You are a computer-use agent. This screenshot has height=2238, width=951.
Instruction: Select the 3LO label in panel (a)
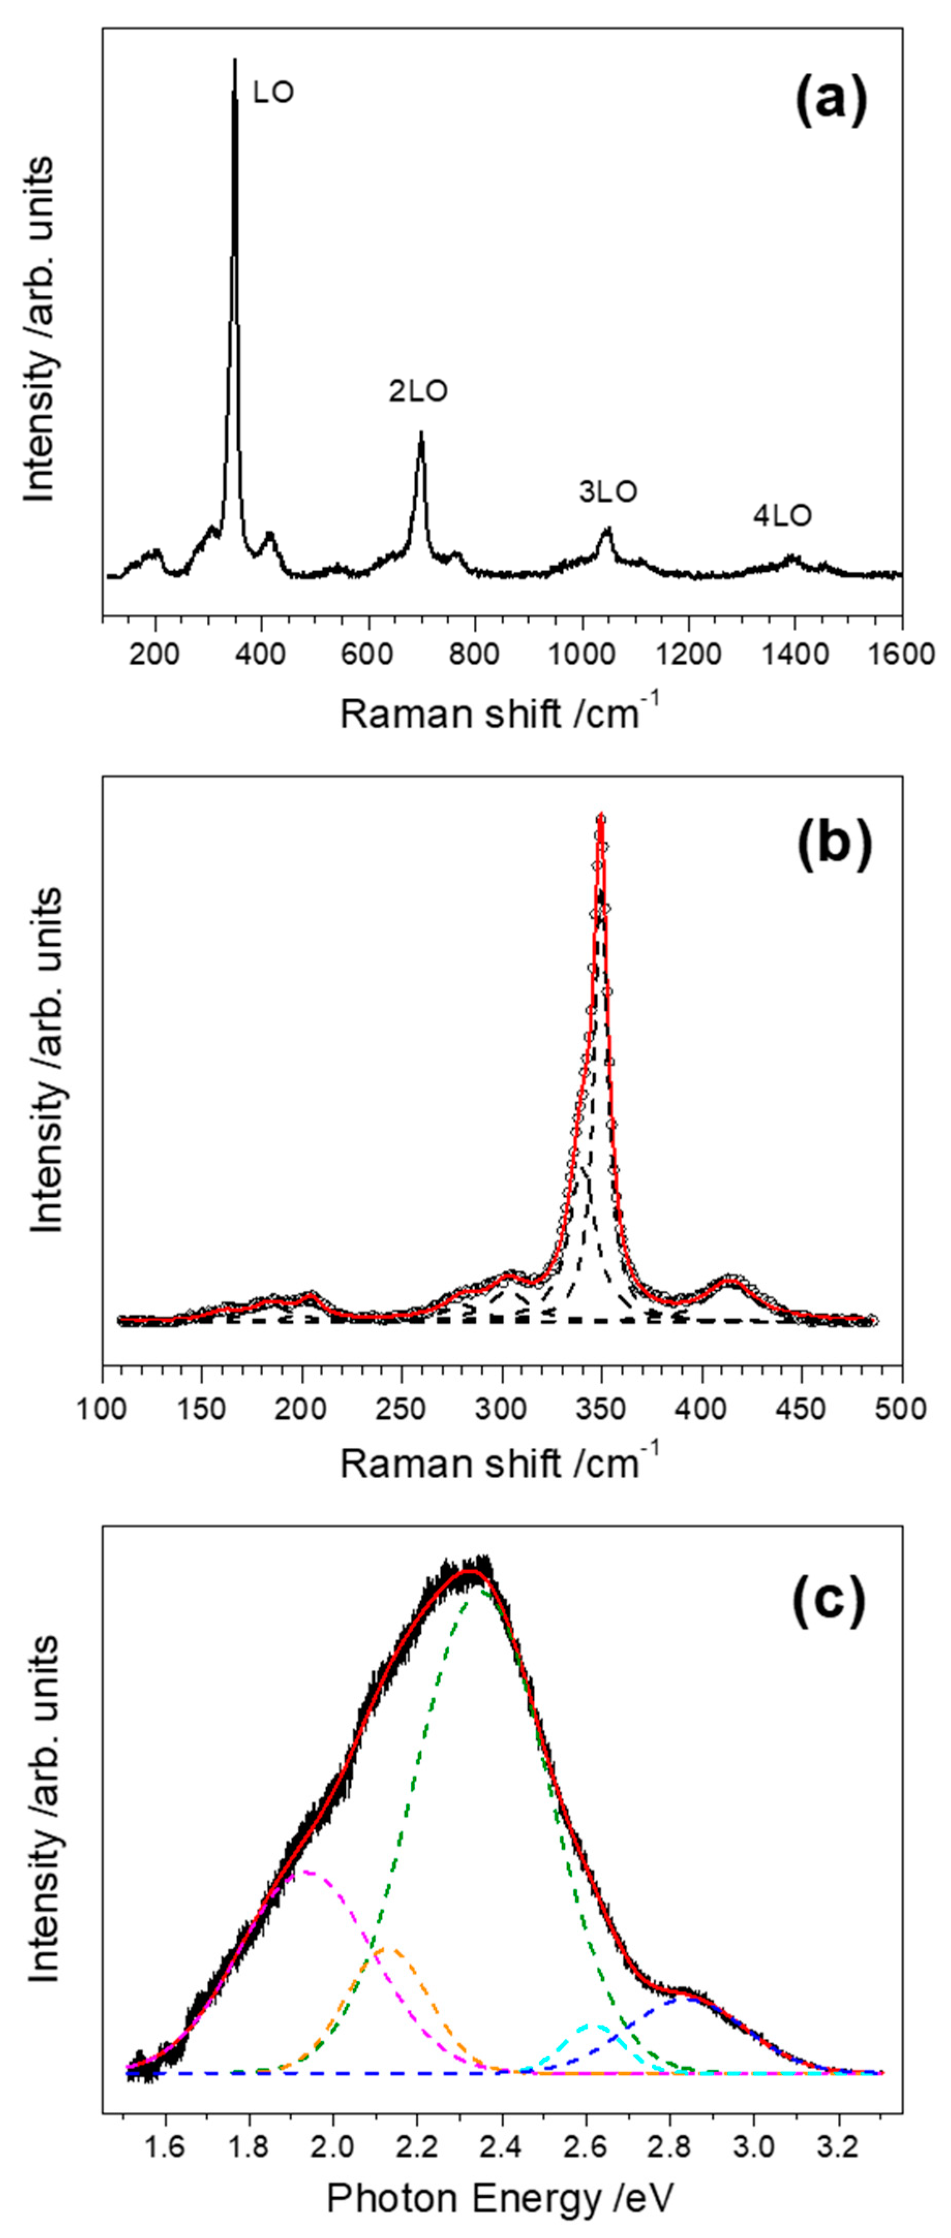[608, 492]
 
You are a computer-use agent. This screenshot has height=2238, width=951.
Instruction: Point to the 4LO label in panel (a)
[783, 516]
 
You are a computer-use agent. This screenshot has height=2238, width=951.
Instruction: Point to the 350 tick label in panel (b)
[601, 1406]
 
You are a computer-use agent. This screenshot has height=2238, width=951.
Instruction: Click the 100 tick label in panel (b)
[103, 1406]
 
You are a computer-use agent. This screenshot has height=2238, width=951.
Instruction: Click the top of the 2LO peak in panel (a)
[422, 432]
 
